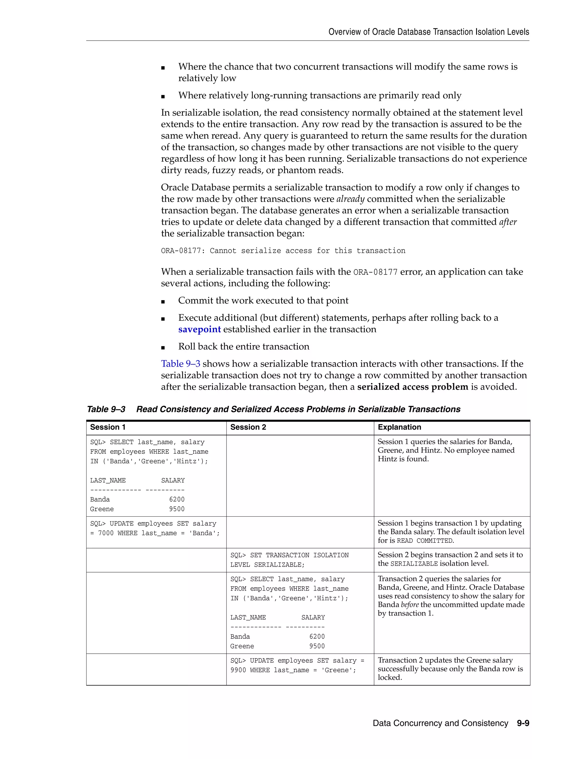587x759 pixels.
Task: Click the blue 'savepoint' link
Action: (199, 329)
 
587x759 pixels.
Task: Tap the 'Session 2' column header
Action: (248, 427)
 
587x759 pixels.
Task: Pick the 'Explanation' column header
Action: (399, 427)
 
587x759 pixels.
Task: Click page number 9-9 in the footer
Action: (523, 723)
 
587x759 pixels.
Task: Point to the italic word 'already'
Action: (350, 199)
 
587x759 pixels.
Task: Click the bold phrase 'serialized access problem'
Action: (412, 387)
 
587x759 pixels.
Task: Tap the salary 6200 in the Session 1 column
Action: (177, 500)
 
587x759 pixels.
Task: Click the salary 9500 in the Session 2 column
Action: (317, 646)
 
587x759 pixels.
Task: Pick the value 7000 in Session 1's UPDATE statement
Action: (106, 533)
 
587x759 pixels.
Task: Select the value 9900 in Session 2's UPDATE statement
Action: (238, 670)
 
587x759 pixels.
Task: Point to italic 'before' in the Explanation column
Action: (409, 605)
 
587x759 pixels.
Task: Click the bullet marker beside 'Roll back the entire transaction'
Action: (163, 347)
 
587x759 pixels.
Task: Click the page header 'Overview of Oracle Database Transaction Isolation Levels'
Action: (428, 32)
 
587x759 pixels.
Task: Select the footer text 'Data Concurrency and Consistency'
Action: (440, 723)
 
